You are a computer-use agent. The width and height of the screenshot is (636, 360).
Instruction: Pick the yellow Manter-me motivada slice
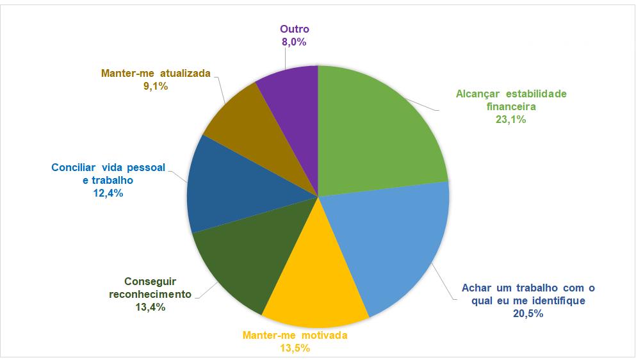tap(314, 282)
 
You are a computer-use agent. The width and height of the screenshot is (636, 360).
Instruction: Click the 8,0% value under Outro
tap(295, 42)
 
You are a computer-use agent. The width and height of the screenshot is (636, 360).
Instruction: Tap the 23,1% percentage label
tap(510, 119)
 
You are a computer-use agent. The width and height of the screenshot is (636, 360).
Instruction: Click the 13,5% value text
tap(295, 348)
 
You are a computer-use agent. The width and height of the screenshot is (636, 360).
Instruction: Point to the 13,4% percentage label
tap(151, 307)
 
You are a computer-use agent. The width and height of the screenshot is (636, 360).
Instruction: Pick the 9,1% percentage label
tap(156, 86)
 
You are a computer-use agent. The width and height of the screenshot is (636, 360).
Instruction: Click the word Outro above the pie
tap(295, 29)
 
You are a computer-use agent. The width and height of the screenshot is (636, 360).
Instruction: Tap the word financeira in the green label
tap(510, 106)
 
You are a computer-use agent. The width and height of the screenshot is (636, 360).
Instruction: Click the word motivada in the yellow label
tap(325, 335)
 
